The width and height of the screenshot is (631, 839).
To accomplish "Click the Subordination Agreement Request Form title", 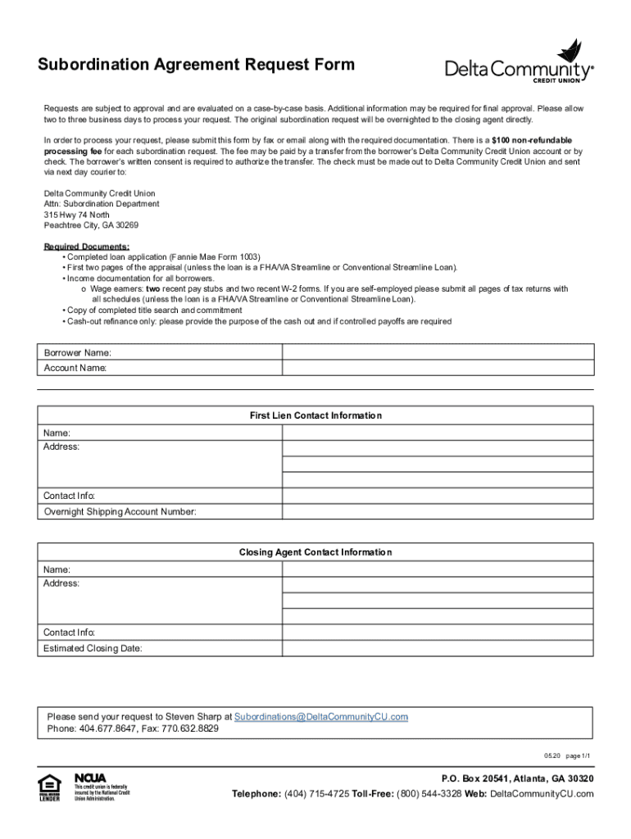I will (x=197, y=65).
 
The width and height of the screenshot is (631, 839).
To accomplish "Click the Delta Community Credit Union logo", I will (x=520, y=63).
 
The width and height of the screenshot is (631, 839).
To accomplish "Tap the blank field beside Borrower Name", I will (x=438, y=352).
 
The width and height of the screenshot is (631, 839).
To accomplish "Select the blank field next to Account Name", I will (x=438, y=368).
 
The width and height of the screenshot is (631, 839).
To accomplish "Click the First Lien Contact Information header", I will (x=315, y=415).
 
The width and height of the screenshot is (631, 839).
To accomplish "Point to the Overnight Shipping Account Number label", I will (x=120, y=512).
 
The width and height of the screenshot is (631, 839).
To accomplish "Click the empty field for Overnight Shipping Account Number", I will (x=438, y=512).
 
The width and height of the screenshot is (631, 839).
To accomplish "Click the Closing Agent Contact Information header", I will (x=315, y=552).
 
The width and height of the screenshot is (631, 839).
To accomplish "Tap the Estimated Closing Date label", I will (x=93, y=648).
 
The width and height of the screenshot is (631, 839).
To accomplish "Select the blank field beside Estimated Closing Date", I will (x=438, y=648).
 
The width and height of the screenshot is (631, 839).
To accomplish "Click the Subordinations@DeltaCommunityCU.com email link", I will (x=321, y=716).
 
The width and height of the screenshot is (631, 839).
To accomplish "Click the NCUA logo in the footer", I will (x=90, y=778).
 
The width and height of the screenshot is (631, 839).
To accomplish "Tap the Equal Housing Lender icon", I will (x=50, y=787).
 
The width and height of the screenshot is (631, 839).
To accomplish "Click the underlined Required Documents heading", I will (x=86, y=247).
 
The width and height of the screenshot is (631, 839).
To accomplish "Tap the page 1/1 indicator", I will (x=579, y=755).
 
